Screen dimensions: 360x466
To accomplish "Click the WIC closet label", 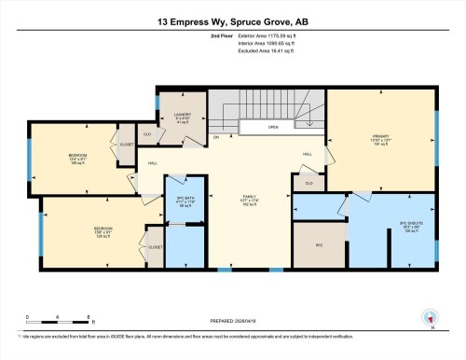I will (x=317, y=246).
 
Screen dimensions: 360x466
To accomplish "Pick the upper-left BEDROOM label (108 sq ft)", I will (x=78, y=157).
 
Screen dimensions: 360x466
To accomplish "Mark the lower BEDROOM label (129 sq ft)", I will (x=103, y=230).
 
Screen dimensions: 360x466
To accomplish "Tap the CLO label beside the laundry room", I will (x=147, y=133).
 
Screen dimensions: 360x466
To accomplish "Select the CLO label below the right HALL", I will (x=308, y=183).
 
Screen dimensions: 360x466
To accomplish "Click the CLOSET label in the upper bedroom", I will (x=128, y=145).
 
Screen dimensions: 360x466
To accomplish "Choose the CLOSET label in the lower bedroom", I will (x=155, y=247).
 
